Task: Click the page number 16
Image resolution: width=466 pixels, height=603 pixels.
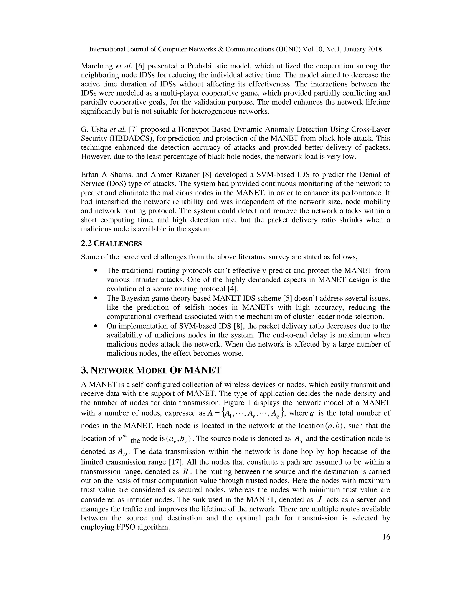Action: click(386, 537)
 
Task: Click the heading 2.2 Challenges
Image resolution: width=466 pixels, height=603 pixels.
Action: click(111, 243)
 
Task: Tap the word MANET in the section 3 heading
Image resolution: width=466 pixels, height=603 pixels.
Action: click(203, 370)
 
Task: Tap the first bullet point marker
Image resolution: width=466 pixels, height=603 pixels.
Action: click(96, 271)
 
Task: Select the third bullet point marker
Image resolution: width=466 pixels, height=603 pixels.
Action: click(96, 326)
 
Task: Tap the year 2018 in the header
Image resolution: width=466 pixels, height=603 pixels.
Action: click(374, 49)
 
